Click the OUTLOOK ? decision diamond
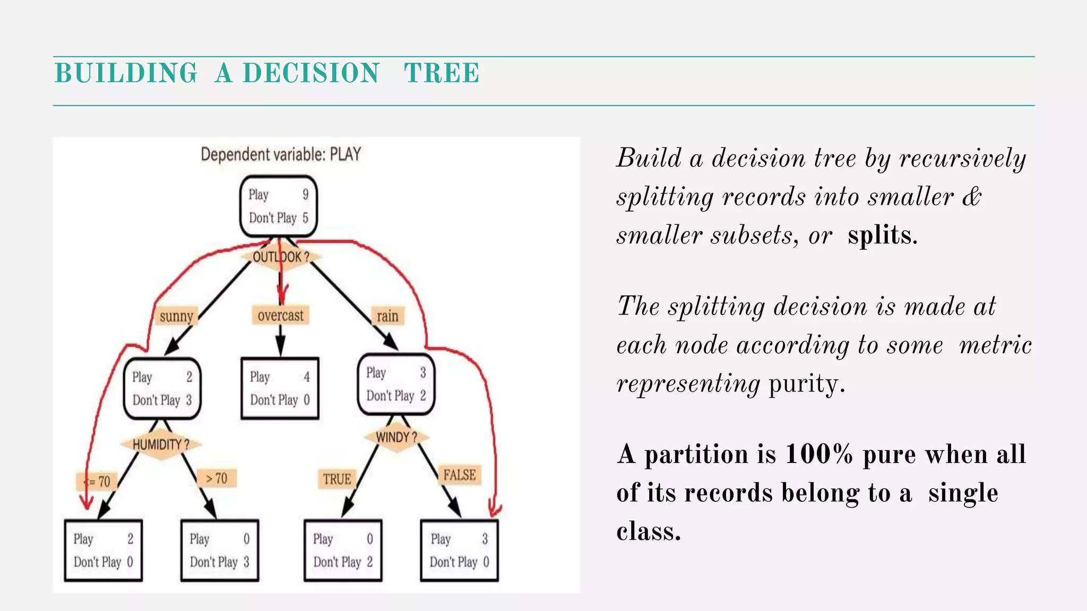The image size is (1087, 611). [281, 257]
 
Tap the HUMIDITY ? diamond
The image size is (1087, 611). [161, 444]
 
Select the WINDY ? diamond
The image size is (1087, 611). [396, 438]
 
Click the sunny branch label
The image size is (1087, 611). [176, 317]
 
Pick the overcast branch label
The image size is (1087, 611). [280, 316]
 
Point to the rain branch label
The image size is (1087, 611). [387, 316]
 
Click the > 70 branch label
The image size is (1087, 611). [217, 478]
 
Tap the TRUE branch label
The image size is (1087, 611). [337, 479]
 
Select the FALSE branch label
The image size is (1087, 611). [460, 475]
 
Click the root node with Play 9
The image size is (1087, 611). [279, 206]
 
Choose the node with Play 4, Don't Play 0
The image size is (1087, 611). [280, 389]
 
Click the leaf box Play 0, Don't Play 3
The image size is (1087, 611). [220, 551]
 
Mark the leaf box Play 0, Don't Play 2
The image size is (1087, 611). [343, 551]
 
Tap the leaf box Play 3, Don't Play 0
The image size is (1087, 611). [459, 551]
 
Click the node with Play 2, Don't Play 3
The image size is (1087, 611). [162, 389]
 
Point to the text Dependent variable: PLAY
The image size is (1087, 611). [281, 154]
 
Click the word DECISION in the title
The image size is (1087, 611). [311, 73]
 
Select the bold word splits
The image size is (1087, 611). [882, 235]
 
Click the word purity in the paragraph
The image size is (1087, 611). [806, 383]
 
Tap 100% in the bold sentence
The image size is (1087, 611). [818, 455]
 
